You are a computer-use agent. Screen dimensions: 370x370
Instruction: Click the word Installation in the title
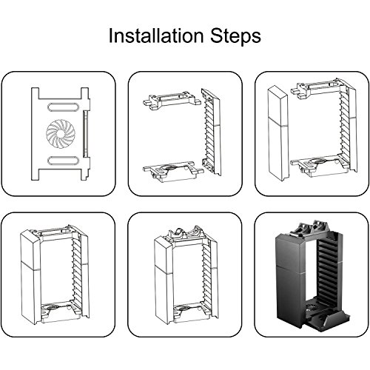click(x=156, y=36)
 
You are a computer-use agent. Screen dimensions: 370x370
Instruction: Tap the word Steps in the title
click(x=235, y=36)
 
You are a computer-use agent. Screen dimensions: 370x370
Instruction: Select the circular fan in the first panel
click(x=60, y=133)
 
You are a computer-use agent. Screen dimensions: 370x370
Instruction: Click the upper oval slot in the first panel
click(x=63, y=107)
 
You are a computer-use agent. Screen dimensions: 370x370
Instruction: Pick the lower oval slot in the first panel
click(x=63, y=161)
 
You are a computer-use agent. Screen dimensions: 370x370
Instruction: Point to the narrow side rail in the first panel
click(x=85, y=133)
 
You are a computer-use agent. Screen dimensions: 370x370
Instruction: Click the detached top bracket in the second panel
click(x=172, y=100)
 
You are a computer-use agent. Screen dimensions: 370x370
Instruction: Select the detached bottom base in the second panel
click(x=173, y=172)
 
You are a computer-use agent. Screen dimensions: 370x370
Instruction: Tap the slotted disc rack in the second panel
click(x=211, y=132)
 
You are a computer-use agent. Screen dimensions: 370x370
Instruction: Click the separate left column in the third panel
click(x=278, y=133)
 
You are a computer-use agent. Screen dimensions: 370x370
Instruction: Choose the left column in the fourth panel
click(x=30, y=277)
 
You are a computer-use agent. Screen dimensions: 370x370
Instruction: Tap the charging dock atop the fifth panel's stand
click(x=186, y=234)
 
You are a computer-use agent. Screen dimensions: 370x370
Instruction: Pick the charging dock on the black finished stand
click(x=314, y=229)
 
